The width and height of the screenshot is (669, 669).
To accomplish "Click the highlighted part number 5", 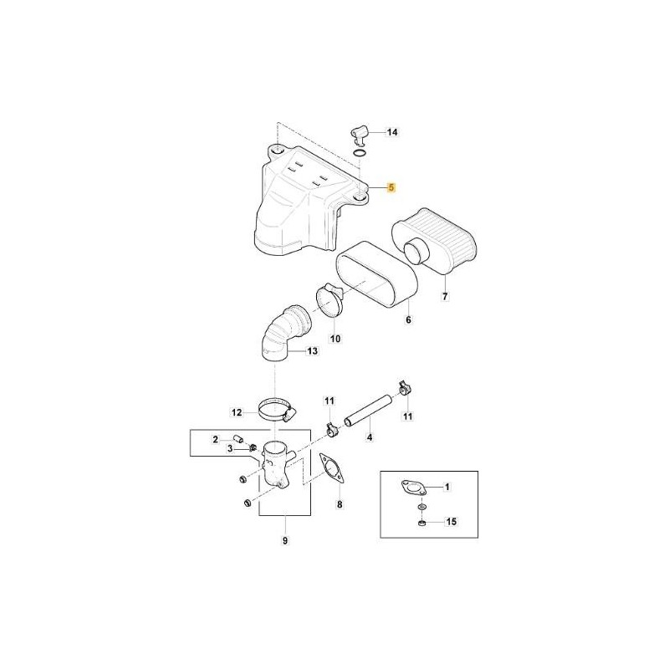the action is click(391, 187).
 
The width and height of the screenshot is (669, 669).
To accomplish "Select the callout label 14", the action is click(392, 132).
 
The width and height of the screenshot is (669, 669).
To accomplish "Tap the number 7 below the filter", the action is click(445, 296).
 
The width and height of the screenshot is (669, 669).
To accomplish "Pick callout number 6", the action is click(408, 319).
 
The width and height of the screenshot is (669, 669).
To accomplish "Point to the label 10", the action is click(335, 339).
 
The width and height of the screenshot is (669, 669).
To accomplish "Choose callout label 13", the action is click(312, 351).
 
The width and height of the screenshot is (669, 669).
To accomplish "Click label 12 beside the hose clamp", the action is click(237, 412).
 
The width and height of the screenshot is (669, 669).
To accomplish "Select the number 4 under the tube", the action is click(370, 437).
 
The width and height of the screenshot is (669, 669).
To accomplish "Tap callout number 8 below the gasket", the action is click(340, 505).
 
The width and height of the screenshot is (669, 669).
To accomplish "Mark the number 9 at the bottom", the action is click(285, 540).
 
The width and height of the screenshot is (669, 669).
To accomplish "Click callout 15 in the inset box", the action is click(451, 521).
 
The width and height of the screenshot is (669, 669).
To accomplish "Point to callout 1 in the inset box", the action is click(447, 487).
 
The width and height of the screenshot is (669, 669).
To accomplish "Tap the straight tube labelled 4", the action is click(368, 410).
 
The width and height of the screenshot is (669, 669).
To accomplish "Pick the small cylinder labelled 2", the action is click(237, 439).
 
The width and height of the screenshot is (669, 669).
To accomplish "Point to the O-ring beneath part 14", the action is click(360, 153).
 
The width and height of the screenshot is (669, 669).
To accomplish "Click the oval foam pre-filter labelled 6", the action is click(376, 275).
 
